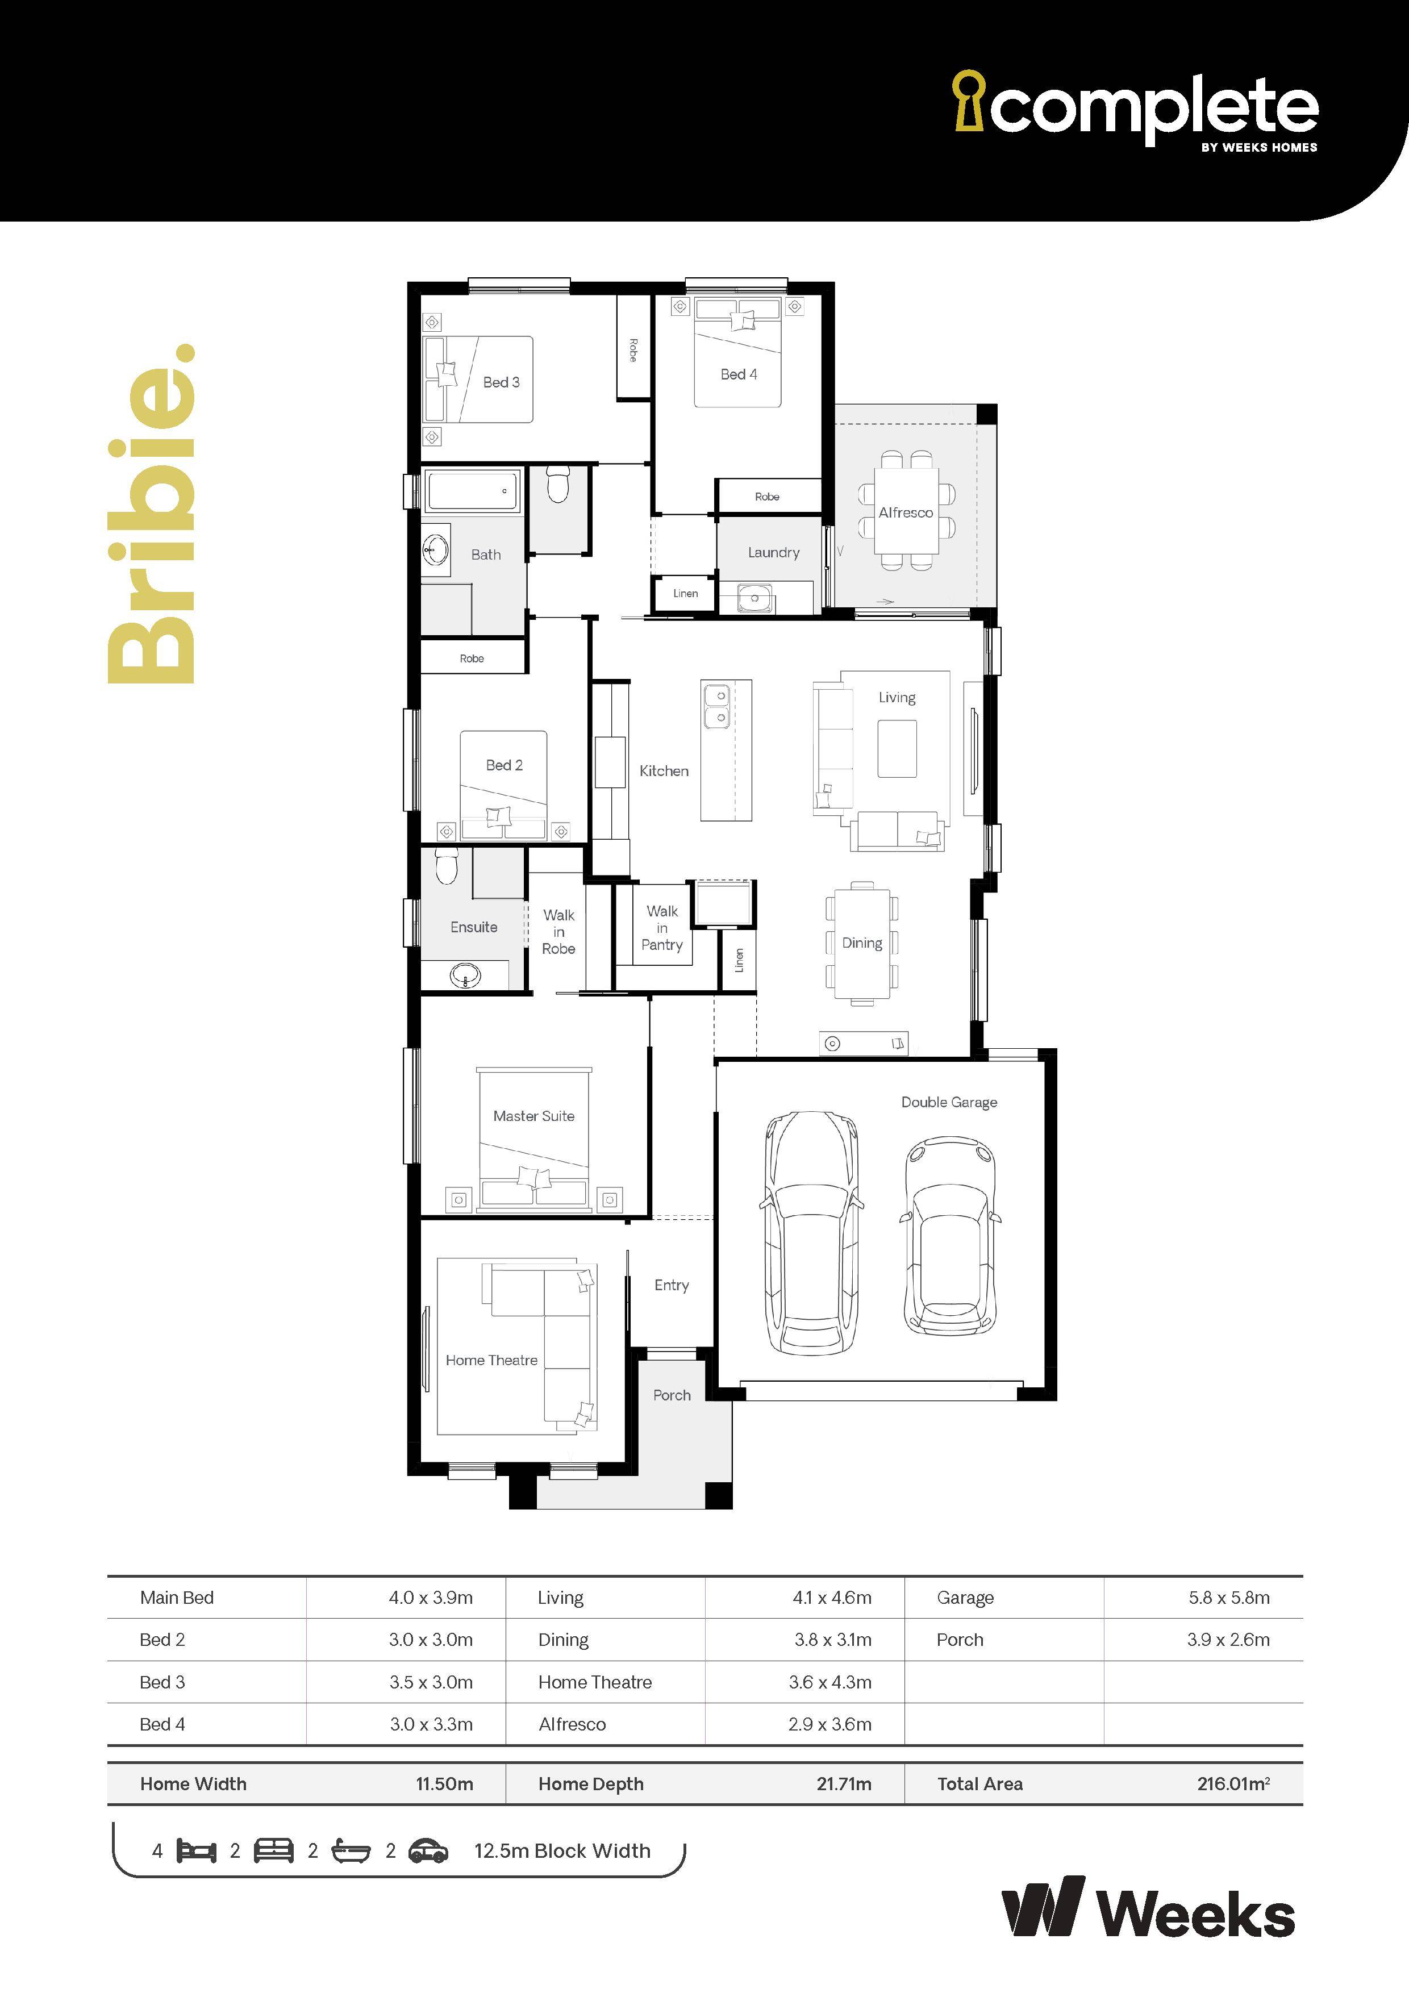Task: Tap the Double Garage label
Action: tap(949, 1102)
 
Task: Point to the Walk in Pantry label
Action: tap(661, 928)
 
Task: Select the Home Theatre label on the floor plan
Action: tap(491, 1360)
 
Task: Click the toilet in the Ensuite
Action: tap(446, 865)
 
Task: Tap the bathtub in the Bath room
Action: tap(472, 491)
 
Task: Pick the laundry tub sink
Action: tap(754, 598)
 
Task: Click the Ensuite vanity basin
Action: tap(465, 975)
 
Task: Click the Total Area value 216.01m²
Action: tap(1233, 1784)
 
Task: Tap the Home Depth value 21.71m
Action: tap(844, 1784)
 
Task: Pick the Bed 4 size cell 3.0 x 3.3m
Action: tap(431, 1724)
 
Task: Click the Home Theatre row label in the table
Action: tap(595, 1682)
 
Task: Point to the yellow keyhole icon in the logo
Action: tap(969, 100)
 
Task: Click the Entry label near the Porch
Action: tap(671, 1286)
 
